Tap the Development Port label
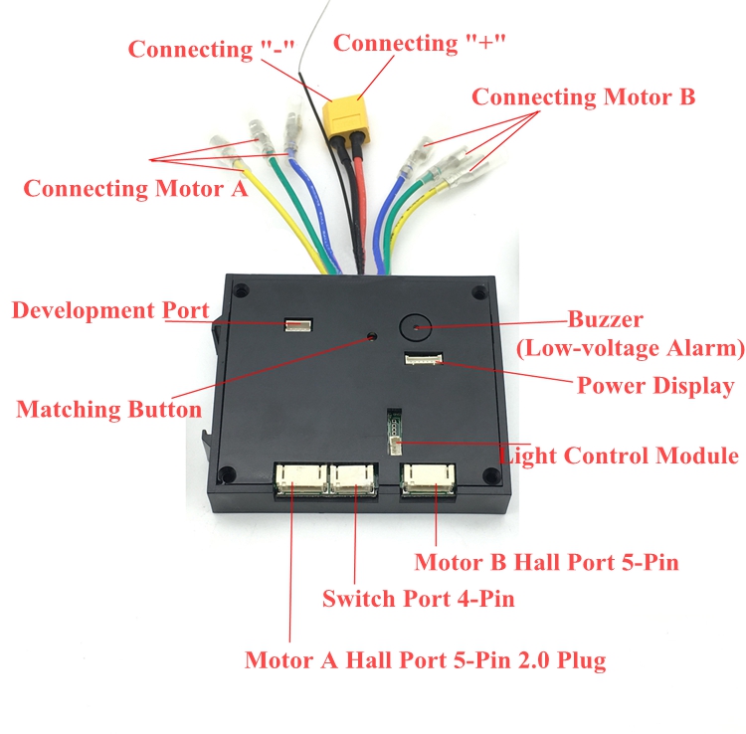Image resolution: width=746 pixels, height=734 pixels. click(x=109, y=310)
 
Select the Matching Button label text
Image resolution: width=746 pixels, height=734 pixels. click(x=108, y=409)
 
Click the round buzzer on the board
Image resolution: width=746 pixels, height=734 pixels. click(x=416, y=324)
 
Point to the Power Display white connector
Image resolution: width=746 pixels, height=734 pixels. click(x=423, y=359)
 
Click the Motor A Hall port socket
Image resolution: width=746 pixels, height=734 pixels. click(x=297, y=477)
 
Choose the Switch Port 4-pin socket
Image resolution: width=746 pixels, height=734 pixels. click(x=352, y=477)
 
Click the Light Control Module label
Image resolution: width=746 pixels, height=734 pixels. click(x=619, y=456)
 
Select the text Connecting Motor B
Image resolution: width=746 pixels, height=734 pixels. click(x=583, y=97)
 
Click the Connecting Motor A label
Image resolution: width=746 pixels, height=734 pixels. click(x=135, y=188)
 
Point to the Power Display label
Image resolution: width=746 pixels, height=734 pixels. click(x=655, y=386)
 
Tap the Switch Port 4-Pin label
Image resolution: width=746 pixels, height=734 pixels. click(x=418, y=599)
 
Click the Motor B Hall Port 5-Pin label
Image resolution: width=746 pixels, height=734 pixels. click(x=546, y=562)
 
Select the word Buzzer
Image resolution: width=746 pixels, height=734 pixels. click(x=605, y=320)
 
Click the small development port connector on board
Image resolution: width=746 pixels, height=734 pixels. click(x=296, y=325)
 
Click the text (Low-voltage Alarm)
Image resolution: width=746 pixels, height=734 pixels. click(x=630, y=348)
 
